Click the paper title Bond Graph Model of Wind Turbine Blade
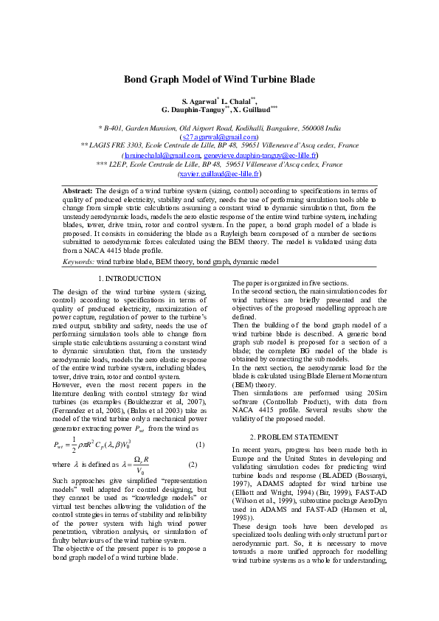tap(219, 80)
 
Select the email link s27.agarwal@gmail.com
tap(219, 136)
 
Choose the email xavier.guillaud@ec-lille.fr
tap(219, 175)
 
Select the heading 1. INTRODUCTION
tap(129, 279)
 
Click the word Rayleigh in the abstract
tap(234, 233)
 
